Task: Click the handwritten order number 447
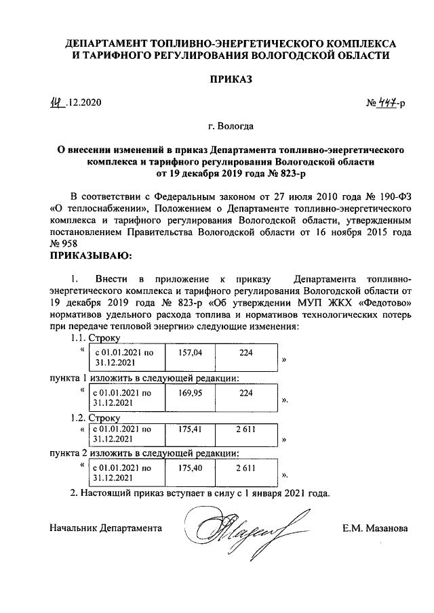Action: pyautogui.click(x=387, y=103)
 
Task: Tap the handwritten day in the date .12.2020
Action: pyautogui.click(x=58, y=103)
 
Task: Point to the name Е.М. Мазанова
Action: pyautogui.click(x=375, y=527)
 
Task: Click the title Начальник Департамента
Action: pyautogui.click(x=106, y=527)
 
